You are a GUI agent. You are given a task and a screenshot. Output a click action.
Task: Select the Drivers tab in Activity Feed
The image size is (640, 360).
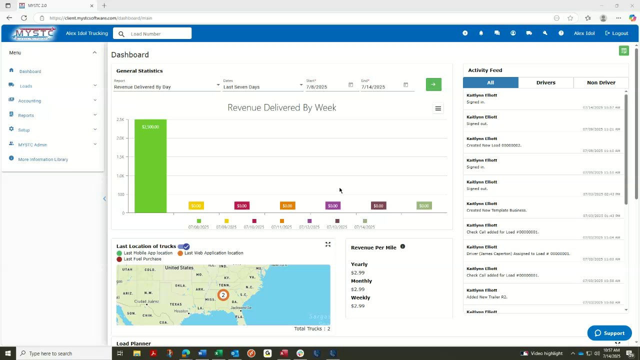[545, 82]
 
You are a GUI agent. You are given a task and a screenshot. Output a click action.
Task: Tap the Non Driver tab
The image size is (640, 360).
[601, 82]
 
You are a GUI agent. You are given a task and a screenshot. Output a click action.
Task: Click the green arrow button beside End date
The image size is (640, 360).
[433, 84]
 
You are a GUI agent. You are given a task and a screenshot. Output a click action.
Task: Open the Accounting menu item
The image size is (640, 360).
[30, 101]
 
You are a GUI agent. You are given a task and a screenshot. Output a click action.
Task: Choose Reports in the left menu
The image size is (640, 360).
[26, 115]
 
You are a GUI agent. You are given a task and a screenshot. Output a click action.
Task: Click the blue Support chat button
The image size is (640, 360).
[609, 333]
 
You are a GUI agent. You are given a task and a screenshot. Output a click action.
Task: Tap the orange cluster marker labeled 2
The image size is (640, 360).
[223, 295]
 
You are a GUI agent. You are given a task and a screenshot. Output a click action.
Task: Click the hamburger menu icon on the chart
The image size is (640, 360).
[438, 108]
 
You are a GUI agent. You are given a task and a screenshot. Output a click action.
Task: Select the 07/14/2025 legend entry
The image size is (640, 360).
[364, 224]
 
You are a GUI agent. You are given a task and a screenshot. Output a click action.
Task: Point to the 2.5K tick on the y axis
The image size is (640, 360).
[120, 119]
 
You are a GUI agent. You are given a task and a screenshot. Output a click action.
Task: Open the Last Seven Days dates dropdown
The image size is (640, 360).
[262, 87]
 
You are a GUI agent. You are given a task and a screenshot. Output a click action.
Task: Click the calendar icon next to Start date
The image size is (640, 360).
[350, 85]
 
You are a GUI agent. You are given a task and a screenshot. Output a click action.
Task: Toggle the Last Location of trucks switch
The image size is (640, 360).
[183, 246]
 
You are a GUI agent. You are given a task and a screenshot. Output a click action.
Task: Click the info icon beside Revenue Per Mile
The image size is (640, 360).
[402, 246]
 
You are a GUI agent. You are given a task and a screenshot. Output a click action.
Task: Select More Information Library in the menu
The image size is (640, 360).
[43, 159]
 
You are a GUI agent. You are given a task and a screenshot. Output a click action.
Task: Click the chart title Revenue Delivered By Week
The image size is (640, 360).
[281, 107]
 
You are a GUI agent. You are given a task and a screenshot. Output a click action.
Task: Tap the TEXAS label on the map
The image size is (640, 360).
[175, 304]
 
